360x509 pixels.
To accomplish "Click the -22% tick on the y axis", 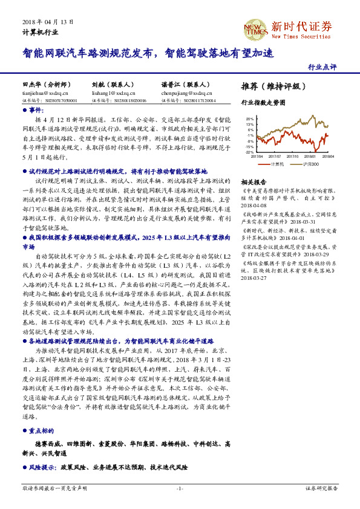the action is click(249, 152).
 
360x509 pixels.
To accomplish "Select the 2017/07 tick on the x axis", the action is click(275, 156).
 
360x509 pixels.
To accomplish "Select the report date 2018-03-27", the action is click(254, 278).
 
